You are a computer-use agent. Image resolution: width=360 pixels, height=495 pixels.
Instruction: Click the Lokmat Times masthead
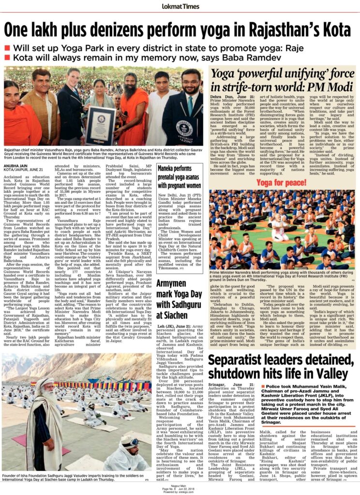(180, 7)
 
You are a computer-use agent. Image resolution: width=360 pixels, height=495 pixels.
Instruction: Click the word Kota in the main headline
(334, 30)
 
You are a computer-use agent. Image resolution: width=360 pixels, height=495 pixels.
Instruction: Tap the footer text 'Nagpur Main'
(180, 484)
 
